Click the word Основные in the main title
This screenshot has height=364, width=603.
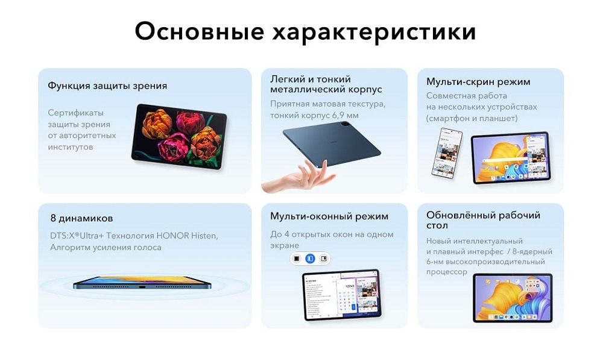click(x=198, y=31)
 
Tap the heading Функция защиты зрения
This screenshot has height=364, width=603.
click(x=107, y=86)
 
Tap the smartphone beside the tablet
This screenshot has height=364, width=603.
click(x=447, y=152)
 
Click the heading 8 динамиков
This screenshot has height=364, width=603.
click(x=81, y=218)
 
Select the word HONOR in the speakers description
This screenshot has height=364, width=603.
click(x=175, y=235)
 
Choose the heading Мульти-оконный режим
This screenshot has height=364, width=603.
click(x=329, y=216)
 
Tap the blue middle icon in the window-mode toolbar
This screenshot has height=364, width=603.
click(x=310, y=259)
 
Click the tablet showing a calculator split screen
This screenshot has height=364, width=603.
click(x=341, y=295)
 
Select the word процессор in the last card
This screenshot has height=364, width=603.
click(x=447, y=272)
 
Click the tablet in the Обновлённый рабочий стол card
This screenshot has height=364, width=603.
click(x=512, y=298)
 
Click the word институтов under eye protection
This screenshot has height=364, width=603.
click(x=71, y=147)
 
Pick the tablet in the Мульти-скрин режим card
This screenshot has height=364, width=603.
click(x=510, y=157)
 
